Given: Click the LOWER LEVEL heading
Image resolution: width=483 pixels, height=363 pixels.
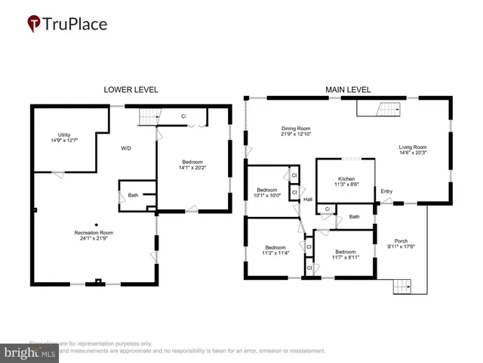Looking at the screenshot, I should (x=131, y=89).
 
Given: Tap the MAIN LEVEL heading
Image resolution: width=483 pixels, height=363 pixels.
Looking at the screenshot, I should (x=348, y=89).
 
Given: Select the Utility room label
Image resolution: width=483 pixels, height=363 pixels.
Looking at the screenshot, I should (x=64, y=135).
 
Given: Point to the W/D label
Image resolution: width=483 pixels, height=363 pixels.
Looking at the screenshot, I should (x=126, y=148).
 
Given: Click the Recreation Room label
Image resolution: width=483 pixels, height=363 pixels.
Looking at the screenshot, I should (x=94, y=232).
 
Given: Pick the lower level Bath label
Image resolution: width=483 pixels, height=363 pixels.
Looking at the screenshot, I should (x=133, y=195).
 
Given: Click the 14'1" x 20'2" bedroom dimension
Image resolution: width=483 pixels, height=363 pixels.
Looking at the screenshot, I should (x=192, y=169).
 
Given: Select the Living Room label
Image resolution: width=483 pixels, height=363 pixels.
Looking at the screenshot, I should (x=413, y=147).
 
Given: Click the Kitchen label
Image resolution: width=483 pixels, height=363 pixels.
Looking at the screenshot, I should (x=346, y=179).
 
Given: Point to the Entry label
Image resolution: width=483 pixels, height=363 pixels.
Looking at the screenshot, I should (x=386, y=191).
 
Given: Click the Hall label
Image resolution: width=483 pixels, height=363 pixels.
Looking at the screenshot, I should (x=308, y=200).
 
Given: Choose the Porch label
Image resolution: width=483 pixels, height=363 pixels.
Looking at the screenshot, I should (x=401, y=240).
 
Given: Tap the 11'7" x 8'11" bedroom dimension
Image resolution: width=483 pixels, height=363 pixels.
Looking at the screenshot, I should (x=346, y=257).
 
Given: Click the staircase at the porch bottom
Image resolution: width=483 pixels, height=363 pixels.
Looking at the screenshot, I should (x=403, y=287).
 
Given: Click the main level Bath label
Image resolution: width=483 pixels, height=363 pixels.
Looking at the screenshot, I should (x=354, y=217).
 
